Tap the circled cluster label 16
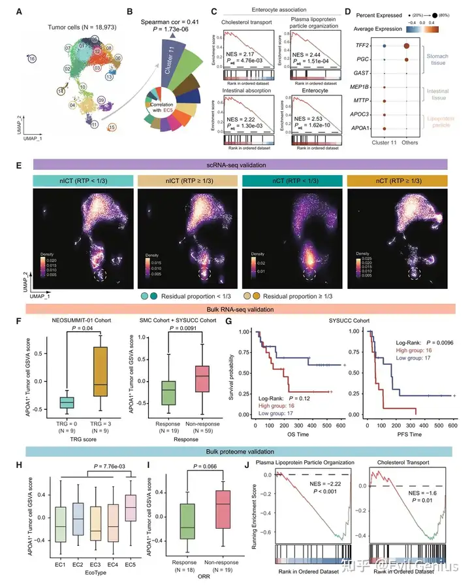tap(32, 58)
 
